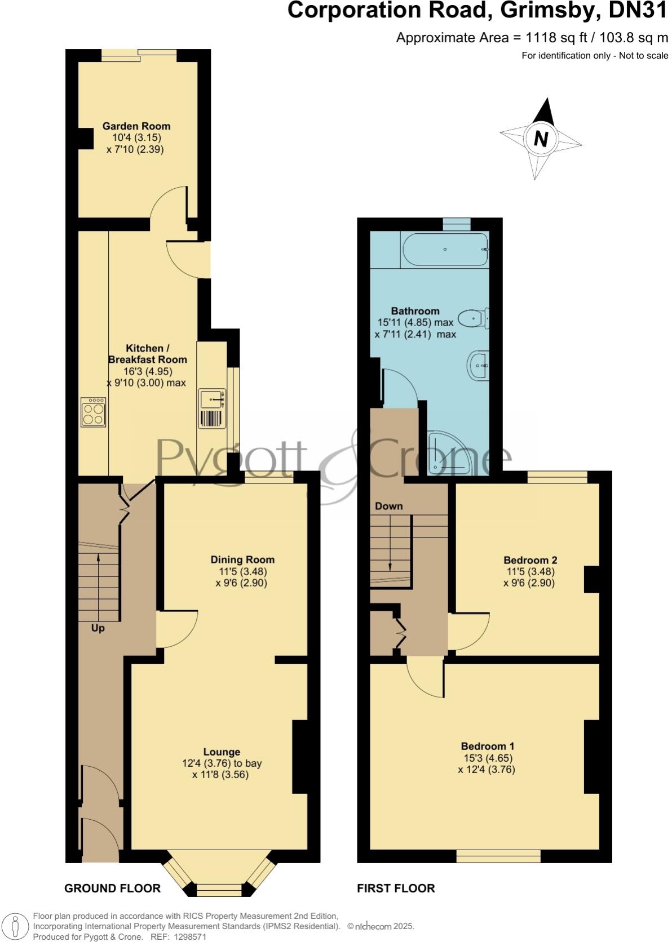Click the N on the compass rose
click(x=541, y=139)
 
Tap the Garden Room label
click(x=136, y=126)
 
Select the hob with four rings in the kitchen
click(x=93, y=412)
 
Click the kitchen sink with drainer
click(x=212, y=410)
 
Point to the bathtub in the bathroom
click(x=445, y=249)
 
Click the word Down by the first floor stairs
click(x=389, y=506)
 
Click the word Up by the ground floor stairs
click(x=98, y=628)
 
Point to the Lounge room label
click(x=222, y=752)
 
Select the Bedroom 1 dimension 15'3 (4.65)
click(x=488, y=758)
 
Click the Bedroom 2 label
click(x=530, y=560)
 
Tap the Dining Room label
click(x=242, y=559)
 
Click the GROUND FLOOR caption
click(x=112, y=888)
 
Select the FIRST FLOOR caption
click(x=396, y=888)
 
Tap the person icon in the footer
click(x=16, y=927)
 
